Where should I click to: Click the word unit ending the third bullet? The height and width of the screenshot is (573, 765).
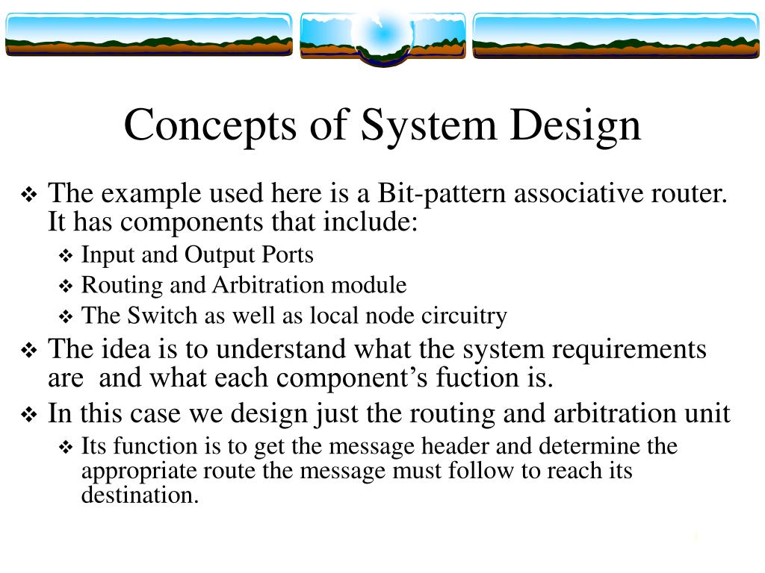[x=706, y=413]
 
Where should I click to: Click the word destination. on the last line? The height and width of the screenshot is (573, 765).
[x=140, y=495]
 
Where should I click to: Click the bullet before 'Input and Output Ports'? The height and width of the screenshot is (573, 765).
[x=65, y=257]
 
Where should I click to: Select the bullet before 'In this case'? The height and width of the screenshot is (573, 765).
[x=30, y=415]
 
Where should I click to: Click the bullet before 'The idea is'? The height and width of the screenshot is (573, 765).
[x=30, y=350]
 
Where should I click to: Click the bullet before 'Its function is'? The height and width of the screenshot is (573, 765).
[x=65, y=448]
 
